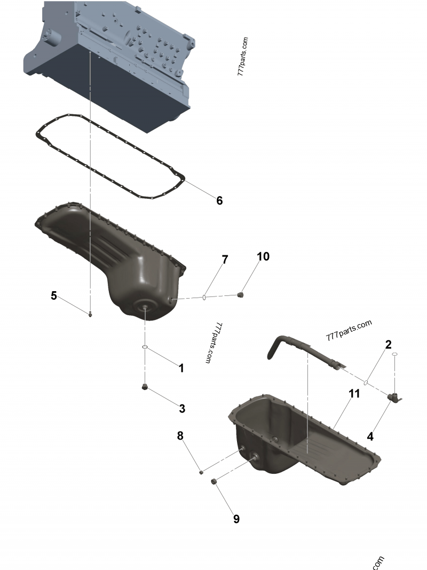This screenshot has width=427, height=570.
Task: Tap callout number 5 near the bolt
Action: (54, 295)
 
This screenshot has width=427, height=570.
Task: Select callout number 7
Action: (225, 260)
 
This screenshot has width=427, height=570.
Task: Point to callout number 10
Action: (263, 256)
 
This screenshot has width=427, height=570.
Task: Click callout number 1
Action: (181, 368)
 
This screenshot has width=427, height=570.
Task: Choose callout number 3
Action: (182, 409)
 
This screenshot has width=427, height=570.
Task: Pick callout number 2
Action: (389, 345)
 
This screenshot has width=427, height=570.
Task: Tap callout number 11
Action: (354, 394)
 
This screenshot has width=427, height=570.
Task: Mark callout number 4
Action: (370, 435)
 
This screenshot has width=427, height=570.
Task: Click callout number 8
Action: (180, 436)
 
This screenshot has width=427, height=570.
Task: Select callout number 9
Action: (236, 518)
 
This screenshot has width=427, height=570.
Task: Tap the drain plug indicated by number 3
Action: (144, 387)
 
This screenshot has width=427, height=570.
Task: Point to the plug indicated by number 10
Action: (241, 294)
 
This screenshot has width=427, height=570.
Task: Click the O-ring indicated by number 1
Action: (145, 348)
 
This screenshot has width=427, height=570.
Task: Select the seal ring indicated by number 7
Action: (205, 297)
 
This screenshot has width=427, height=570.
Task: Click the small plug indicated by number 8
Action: (201, 471)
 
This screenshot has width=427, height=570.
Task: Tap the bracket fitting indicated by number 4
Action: (396, 398)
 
